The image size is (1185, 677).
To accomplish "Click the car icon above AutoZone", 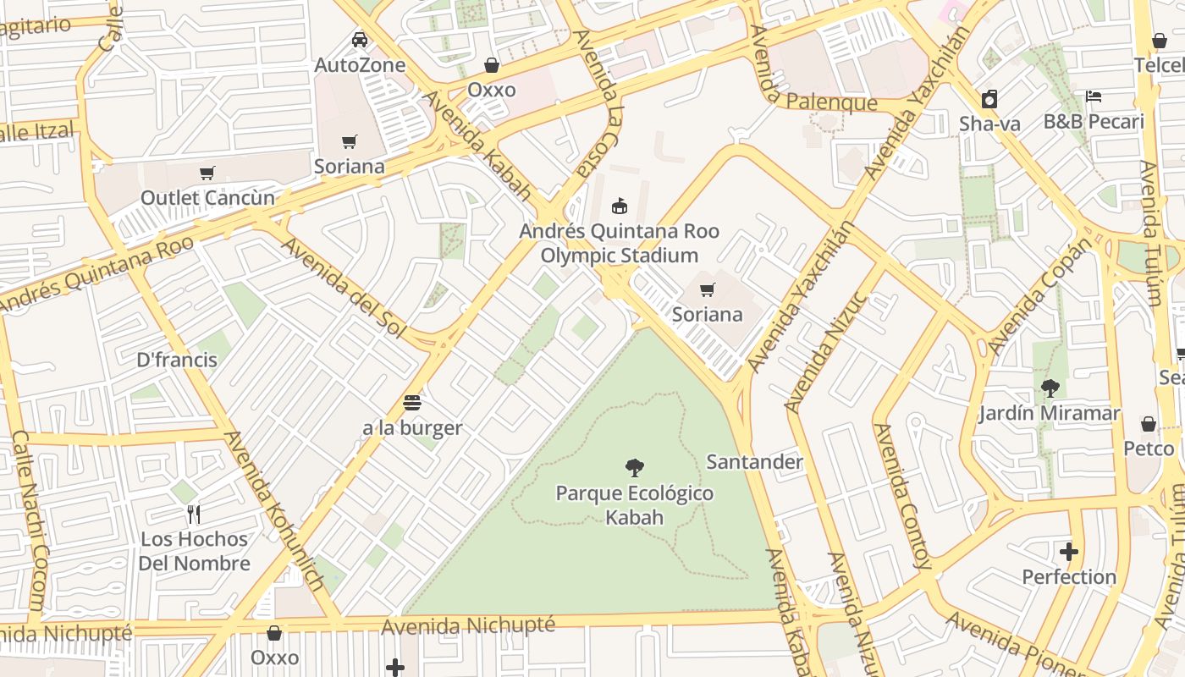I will (360, 40).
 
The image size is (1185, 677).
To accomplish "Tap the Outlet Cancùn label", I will (207, 198).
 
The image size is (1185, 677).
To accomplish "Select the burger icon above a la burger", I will (412, 402).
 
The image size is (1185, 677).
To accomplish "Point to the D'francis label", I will (177, 360).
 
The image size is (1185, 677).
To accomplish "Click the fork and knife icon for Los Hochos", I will (194, 514).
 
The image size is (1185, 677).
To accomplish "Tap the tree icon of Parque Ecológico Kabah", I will (634, 468).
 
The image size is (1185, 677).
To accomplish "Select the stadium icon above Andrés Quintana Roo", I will (620, 206).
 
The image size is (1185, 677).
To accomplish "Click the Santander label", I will (754, 462).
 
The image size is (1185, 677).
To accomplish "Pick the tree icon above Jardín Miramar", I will (1050, 388).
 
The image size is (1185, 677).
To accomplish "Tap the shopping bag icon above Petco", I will (1149, 423).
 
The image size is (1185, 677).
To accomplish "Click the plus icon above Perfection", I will (1069, 552).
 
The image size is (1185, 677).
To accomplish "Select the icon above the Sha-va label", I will (989, 99).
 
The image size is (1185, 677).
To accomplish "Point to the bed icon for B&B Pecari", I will (1094, 96).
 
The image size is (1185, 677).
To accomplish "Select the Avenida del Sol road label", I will (343, 288).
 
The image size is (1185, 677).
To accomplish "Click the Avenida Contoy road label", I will (902, 496).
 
